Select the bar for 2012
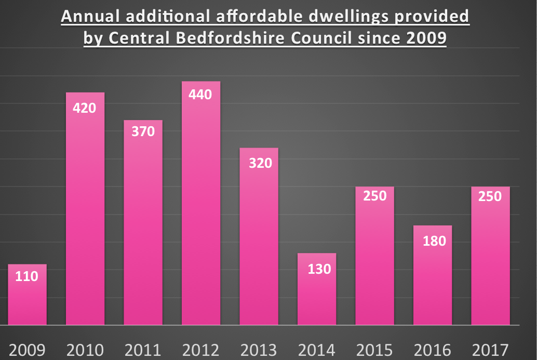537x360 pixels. (x=201, y=208)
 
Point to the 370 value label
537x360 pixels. (x=143, y=131)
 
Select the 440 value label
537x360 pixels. (x=201, y=95)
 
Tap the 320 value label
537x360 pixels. (x=259, y=163)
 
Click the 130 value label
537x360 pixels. (x=317, y=269)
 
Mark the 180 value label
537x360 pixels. (x=433, y=241)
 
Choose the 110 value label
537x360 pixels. (x=27, y=276)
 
